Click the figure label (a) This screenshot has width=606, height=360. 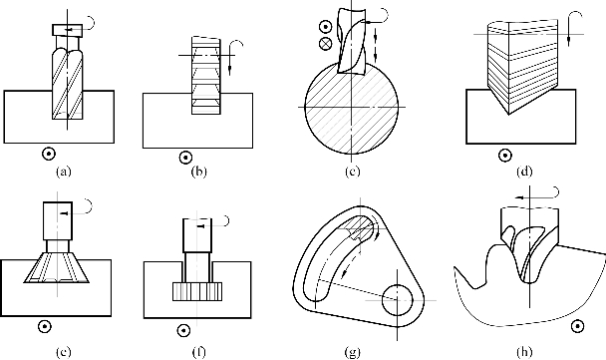pyautogui.click(x=64, y=172)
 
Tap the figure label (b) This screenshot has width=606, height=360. pyautogui.click(x=199, y=172)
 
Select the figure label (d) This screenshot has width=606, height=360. pyautogui.click(x=524, y=172)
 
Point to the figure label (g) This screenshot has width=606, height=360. pyautogui.click(x=353, y=352)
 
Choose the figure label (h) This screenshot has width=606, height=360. pyautogui.click(x=524, y=352)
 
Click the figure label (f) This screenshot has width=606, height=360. pyautogui.click(x=199, y=352)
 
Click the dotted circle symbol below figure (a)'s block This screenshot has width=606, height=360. pyautogui.click(x=49, y=154)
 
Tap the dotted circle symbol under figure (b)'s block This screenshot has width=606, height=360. pyautogui.click(x=186, y=158)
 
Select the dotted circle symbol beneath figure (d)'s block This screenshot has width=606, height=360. pyautogui.click(x=505, y=156)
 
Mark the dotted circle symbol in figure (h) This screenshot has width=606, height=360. pyautogui.click(x=578, y=326)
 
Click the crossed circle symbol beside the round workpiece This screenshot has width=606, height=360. pyautogui.click(x=326, y=43)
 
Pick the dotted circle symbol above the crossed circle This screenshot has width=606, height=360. pyautogui.click(x=326, y=27)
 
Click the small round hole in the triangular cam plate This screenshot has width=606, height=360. pyautogui.click(x=398, y=300)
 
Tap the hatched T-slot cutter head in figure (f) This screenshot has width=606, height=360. pyautogui.click(x=197, y=291)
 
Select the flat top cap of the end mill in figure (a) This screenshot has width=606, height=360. pyautogui.click(x=67, y=30)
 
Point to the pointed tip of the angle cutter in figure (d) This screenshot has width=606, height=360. pyautogui.click(x=509, y=115)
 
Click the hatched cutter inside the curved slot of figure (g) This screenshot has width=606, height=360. pyautogui.click(x=362, y=229)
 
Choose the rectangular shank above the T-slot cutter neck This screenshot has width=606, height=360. pyautogui.click(x=197, y=235)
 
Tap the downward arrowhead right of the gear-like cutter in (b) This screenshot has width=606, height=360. pyautogui.click(x=230, y=71)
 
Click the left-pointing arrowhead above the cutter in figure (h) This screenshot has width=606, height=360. pyautogui.click(x=520, y=197)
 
